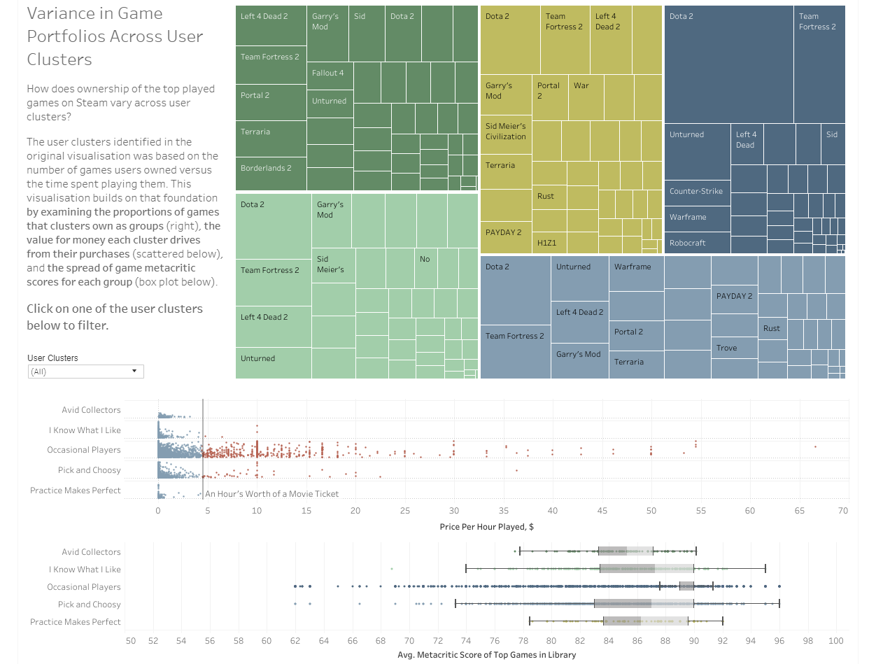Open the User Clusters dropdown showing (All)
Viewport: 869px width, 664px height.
86,372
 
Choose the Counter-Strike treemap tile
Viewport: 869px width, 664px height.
697,191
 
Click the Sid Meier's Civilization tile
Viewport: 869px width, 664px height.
506,132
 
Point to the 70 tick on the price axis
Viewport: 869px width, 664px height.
842,511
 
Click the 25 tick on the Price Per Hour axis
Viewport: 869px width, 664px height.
405,511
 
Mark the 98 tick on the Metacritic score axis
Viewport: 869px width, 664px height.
807,641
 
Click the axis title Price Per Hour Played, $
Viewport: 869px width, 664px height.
487,526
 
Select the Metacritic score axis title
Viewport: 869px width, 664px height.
486,655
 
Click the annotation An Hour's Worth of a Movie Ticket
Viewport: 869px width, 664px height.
271,494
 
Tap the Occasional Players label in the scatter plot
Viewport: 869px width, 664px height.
84,450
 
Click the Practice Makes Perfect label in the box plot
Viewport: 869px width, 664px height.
76,622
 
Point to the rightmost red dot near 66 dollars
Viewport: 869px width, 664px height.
815,446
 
